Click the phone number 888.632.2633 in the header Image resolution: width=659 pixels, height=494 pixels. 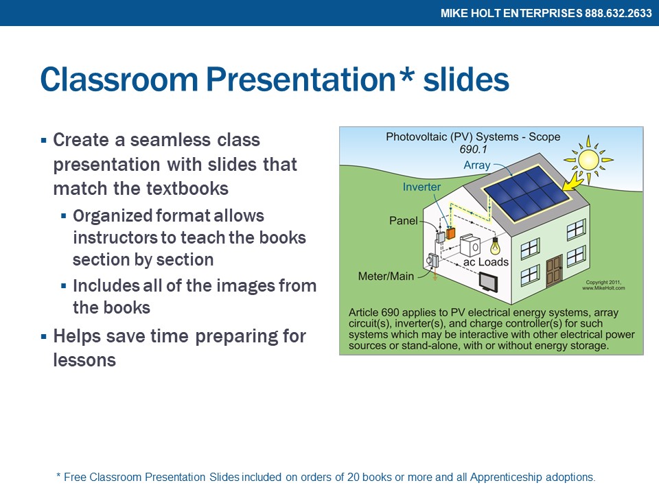[618, 13]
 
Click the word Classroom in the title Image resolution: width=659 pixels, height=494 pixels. [119, 79]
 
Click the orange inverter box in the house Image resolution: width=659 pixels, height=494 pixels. [450, 233]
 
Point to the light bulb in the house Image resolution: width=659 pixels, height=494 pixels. [496, 246]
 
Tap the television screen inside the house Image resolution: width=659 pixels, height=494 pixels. [488, 282]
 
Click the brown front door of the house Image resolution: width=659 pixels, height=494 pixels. [555, 271]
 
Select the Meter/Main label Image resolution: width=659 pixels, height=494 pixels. [386, 276]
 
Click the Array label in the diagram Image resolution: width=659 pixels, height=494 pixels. [477, 165]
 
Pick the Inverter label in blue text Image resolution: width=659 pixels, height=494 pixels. [421, 187]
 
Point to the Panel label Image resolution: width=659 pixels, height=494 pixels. [404, 220]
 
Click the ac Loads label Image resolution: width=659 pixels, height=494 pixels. [486, 261]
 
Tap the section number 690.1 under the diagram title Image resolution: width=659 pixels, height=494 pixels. [473, 149]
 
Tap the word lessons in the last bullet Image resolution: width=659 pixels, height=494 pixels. [84, 360]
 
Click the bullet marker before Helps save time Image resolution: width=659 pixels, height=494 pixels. [44, 336]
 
